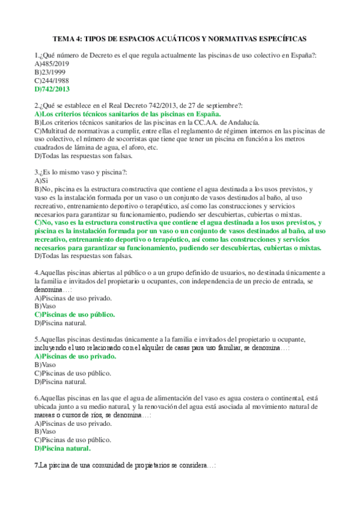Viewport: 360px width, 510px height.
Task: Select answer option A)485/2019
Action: pyautogui.click(x=53, y=63)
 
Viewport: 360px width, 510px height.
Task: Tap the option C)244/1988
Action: pyautogui.click(x=52, y=80)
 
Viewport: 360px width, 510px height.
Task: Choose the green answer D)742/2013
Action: pyautogui.click(x=52, y=88)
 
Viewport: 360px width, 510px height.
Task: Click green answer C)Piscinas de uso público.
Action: pyautogui.click(x=75, y=314)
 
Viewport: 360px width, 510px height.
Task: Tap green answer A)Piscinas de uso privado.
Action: pyautogui.click(x=76, y=356)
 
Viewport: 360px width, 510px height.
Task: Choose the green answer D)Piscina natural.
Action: pyautogui.click(x=63, y=448)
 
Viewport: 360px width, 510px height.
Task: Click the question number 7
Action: pyautogui.click(x=37, y=466)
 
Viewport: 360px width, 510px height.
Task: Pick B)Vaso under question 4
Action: pyautogui.click(x=46, y=306)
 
